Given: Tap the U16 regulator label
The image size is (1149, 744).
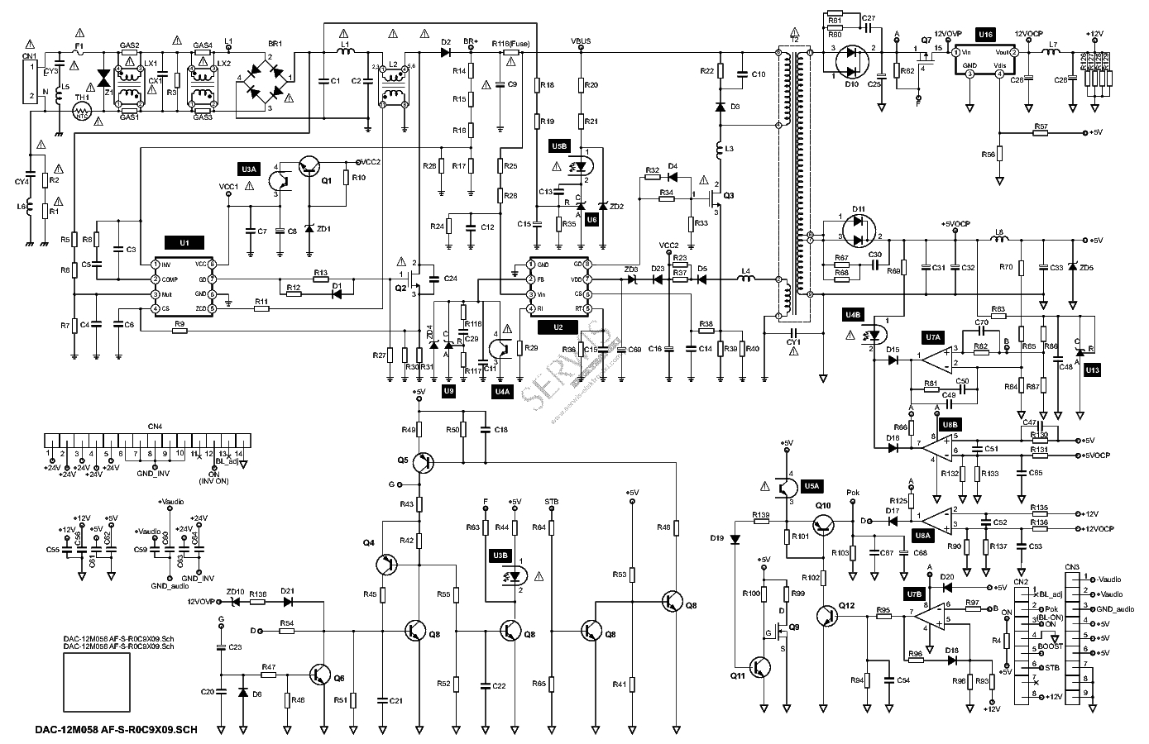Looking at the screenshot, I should click(x=985, y=34).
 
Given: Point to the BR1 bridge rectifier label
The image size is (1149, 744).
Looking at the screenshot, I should click(x=275, y=43).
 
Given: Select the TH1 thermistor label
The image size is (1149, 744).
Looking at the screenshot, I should click(x=81, y=98).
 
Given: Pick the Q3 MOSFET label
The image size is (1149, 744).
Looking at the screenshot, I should click(x=728, y=196).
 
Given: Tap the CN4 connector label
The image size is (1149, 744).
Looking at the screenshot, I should click(x=155, y=427).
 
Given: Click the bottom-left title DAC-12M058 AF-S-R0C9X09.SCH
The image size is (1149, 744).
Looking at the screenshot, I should click(x=117, y=730).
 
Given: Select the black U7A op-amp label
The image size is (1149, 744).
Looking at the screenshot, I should click(x=933, y=337).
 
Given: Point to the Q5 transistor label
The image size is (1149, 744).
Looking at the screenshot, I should click(x=402, y=459).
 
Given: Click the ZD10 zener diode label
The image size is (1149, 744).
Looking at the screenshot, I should click(x=236, y=592).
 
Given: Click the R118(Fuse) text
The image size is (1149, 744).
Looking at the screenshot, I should click(x=510, y=43).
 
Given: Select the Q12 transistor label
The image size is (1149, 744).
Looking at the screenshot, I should click(x=846, y=606).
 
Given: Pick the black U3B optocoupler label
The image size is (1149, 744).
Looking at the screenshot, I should click(x=500, y=555).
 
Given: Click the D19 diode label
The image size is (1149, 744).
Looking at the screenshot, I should click(x=717, y=538).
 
